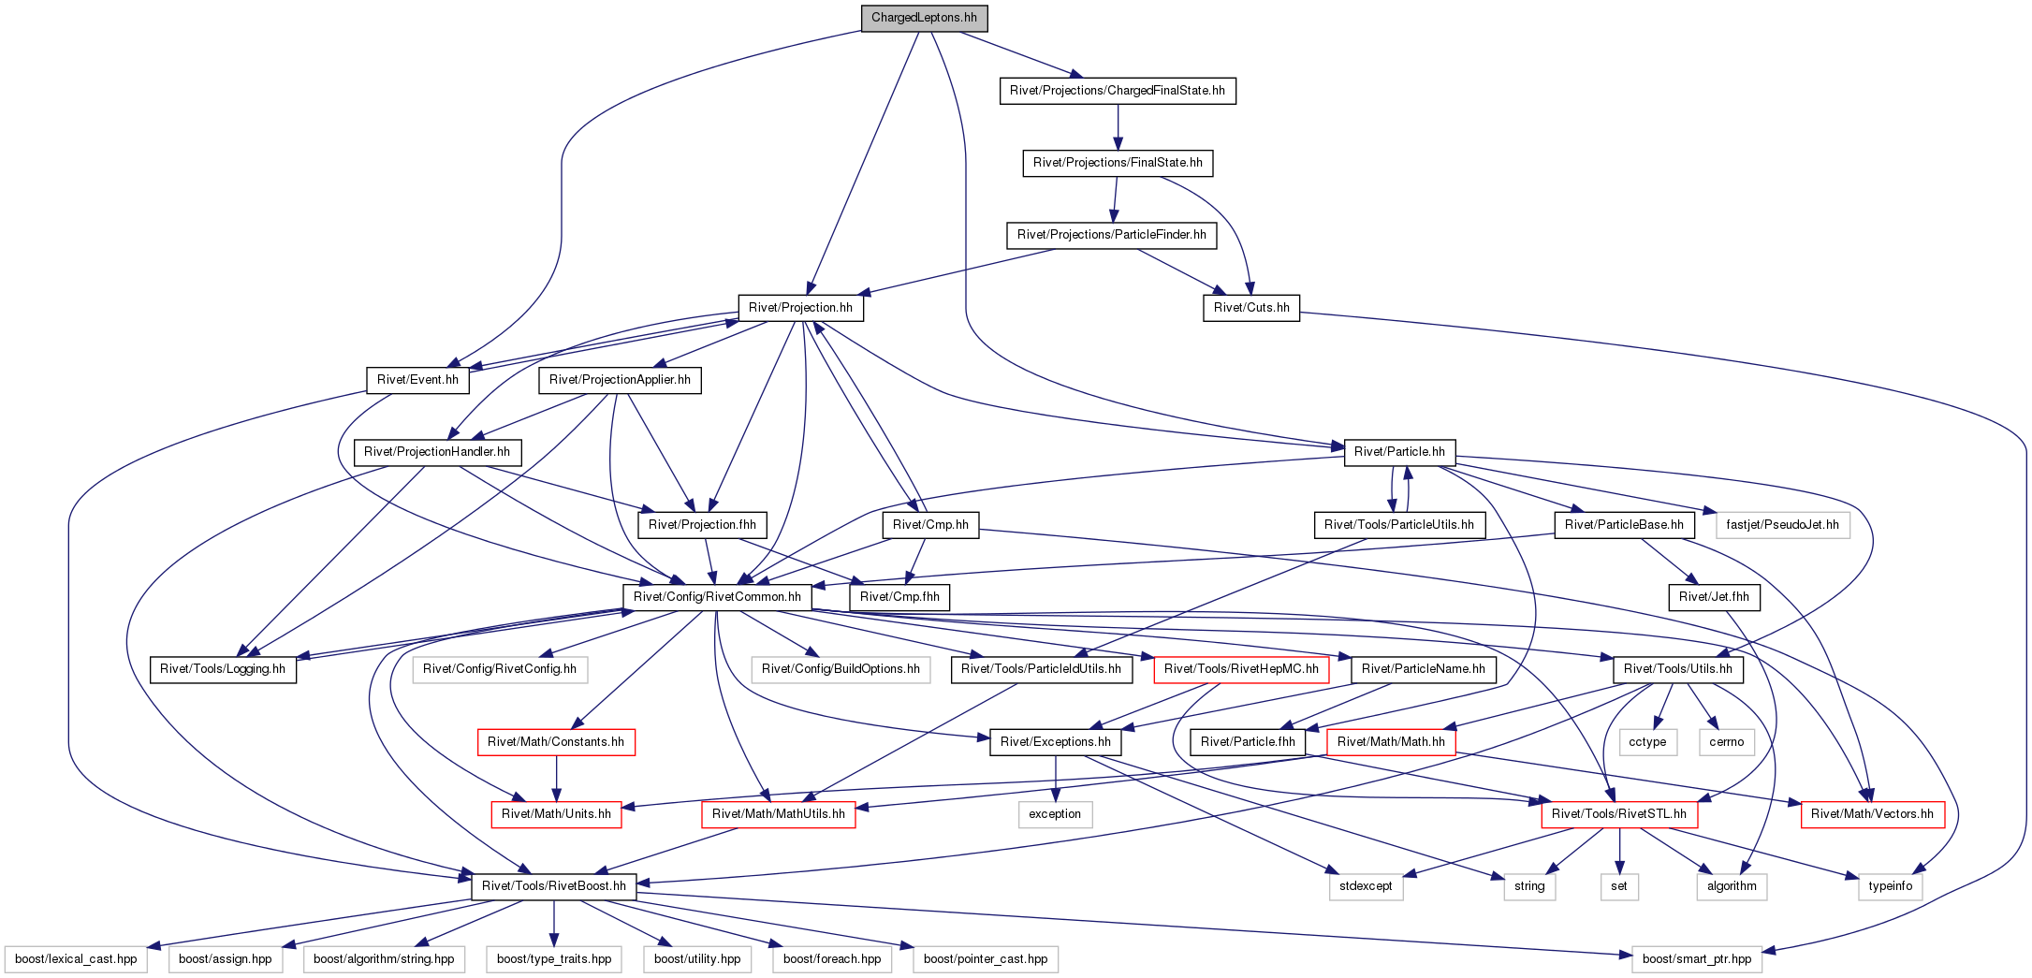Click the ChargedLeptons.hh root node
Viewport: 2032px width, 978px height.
[x=924, y=18]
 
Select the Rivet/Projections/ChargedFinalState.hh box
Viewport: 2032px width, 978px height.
[x=1118, y=91]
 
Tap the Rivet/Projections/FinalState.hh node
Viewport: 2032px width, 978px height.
[x=1118, y=163]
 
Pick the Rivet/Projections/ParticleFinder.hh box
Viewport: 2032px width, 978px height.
[x=1112, y=235]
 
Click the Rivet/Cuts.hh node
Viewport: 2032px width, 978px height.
[x=1251, y=308]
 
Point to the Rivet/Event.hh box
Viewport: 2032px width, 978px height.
[x=417, y=380]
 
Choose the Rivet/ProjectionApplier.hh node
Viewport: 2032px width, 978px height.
[x=620, y=380]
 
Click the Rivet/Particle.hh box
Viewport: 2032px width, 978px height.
[x=1399, y=452]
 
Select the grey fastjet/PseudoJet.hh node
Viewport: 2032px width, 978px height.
[x=1782, y=525]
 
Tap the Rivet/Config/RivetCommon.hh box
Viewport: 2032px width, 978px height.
[x=717, y=597]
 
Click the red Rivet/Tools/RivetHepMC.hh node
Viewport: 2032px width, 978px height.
[x=1241, y=669]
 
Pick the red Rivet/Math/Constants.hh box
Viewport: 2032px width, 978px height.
[x=556, y=742]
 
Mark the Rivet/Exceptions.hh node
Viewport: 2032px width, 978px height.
[x=1056, y=742]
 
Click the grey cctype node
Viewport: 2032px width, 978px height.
[x=1647, y=742]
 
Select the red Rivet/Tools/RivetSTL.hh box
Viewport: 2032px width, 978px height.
[x=1619, y=814]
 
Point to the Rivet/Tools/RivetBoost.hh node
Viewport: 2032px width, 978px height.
[x=554, y=886]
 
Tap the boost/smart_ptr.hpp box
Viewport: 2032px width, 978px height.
[x=1697, y=959]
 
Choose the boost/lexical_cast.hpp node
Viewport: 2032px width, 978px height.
[x=76, y=959]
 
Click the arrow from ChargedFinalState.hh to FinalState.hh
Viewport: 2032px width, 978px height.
[x=1118, y=127]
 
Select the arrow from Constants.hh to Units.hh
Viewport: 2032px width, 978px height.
[x=556, y=779]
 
